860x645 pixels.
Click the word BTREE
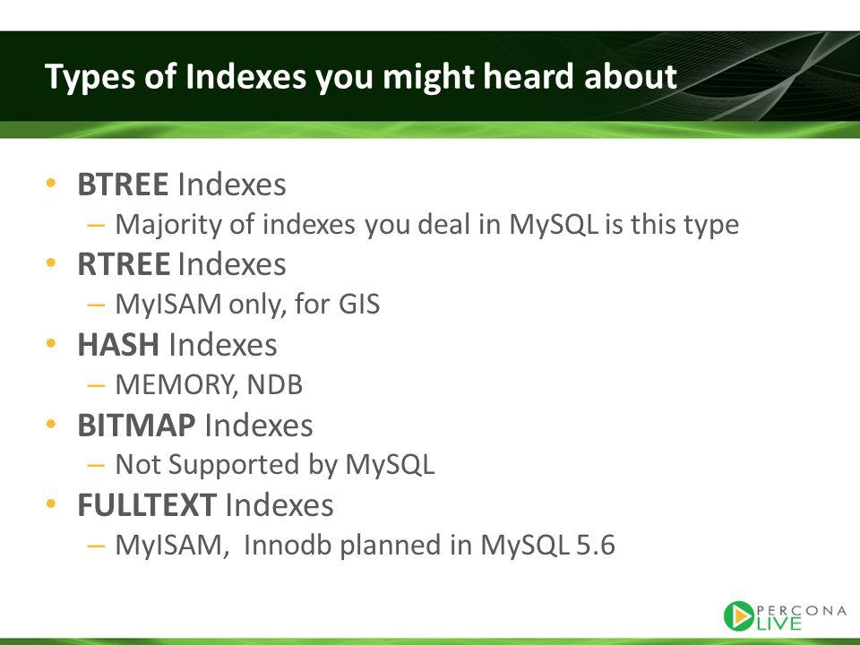[123, 185]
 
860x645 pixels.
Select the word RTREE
[123, 264]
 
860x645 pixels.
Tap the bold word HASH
[118, 344]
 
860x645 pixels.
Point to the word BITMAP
[136, 425]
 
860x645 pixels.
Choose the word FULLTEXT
[146, 505]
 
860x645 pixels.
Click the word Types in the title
[90, 77]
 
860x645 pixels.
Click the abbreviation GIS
[358, 305]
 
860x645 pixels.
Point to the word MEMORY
[176, 385]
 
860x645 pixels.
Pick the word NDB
[275, 384]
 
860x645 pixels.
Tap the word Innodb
[288, 545]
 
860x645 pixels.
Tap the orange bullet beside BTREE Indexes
[52, 183]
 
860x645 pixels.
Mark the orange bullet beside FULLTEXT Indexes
[52, 503]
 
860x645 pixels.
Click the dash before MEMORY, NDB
[96, 385]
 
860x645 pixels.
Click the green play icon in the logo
[739, 616]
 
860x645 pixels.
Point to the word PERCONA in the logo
[801, 610]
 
